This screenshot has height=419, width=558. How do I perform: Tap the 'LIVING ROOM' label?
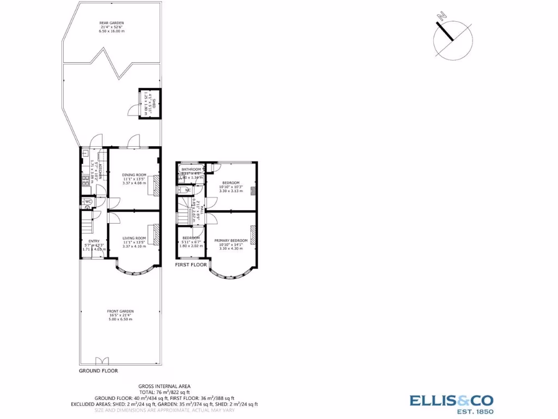coord(134,238)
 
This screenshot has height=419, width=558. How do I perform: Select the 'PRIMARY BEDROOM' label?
coord(231,241)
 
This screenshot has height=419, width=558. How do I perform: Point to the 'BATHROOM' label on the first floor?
coord(191,170)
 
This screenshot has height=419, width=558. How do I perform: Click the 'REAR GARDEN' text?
coord(112,23)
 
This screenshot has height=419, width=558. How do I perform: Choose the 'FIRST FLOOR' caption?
coord(191,265)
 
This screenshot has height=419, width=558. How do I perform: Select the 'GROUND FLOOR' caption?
coord(98,370)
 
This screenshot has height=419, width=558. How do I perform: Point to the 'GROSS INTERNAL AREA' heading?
coord(164,386)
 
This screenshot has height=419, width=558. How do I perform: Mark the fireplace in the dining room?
coord(156,185)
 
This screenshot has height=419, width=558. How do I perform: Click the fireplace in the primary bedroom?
coord(252,236)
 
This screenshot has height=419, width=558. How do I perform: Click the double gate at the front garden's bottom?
coord(102,361)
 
